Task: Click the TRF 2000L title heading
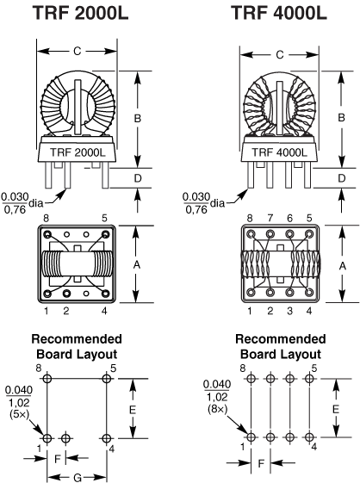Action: tap(80, 13)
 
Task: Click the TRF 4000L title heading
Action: tap(279, 13)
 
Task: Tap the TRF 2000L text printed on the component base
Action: tap(78, 152)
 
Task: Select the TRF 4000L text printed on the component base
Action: tap(280, 152)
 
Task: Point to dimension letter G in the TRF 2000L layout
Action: tap(78, 478)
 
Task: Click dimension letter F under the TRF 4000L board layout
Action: tap(261, 463)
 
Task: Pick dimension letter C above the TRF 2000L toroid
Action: tap(77, 51)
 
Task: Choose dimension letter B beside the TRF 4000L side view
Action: tap(341, 118)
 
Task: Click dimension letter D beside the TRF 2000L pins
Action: tap(138, 178)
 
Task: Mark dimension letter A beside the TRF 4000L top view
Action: tap(342, 265)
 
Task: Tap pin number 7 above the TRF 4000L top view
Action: tap(270, 218)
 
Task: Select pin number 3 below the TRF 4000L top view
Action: tap(289, 311)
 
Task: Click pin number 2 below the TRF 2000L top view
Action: tap(66, 311)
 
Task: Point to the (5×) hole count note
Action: tap(19, 414)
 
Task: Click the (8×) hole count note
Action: tap(217, 409)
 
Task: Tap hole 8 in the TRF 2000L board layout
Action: tap(47, 379)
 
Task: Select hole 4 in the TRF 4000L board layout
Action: tap(309, 437)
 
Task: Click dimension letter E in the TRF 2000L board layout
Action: tap(133, 410)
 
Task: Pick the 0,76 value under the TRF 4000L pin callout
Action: tap(196, 210)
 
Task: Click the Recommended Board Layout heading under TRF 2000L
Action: tap(77, 347)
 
